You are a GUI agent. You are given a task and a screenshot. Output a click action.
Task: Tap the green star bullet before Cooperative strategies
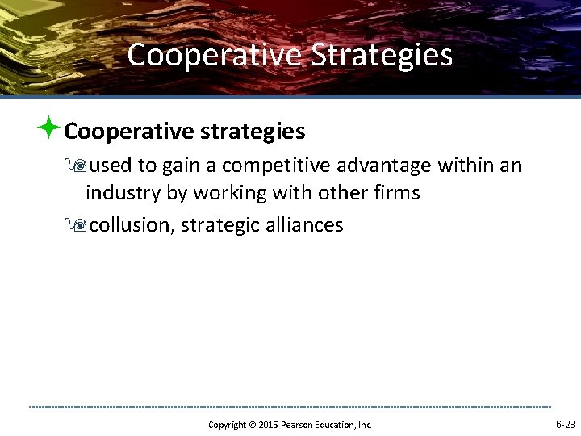(49, 128)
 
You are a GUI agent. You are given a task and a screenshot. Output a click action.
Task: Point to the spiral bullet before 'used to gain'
(79, 166)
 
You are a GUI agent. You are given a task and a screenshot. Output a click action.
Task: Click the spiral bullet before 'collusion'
(79, 225)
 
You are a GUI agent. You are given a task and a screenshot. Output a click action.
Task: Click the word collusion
(130, 225)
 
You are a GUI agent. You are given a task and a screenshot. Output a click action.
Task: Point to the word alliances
(305, 225)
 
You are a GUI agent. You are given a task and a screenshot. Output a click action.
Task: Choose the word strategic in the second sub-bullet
(220, 225)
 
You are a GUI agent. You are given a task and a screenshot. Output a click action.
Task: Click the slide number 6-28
(565, 424)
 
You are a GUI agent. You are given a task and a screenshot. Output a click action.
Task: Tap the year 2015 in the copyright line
(269, 425)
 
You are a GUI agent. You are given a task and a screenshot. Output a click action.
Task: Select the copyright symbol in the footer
(251, 425)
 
